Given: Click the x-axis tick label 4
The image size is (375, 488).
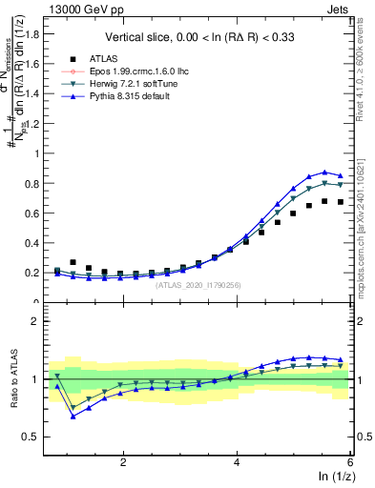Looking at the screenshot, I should [x=237, y=461].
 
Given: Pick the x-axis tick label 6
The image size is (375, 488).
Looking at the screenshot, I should [x=350, y=461].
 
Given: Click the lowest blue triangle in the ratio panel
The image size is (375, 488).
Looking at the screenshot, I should [x=73, y=416].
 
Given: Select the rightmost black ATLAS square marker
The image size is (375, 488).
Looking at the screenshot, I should [x=340, y=202].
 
